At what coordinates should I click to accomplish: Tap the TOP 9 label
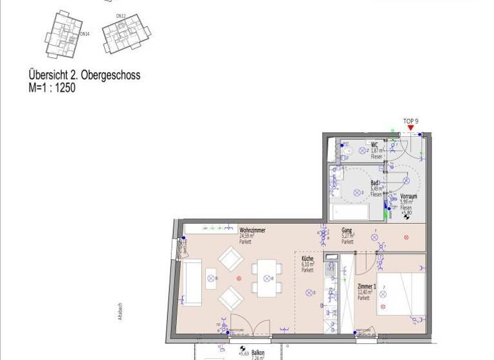[410, 121]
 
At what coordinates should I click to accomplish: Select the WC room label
[374, 145]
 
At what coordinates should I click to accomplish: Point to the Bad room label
[374, 183]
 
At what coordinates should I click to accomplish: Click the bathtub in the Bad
[349, 212]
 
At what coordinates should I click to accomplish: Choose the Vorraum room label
[408, 197]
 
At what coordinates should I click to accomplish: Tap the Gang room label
[346, 230]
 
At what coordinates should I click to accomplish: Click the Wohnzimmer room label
[252, 230]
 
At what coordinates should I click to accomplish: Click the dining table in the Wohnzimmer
[264, 278]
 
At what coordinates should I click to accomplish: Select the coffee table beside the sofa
[212, 278]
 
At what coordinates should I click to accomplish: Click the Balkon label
[258, 352]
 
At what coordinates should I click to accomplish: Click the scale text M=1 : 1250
[51, 87]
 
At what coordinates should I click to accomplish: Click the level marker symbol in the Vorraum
[406, 217]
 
